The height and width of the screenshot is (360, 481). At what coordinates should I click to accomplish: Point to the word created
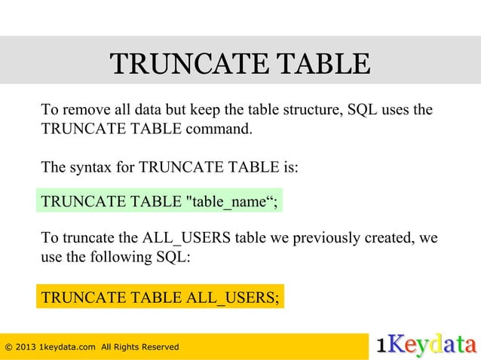(x=388, y=239)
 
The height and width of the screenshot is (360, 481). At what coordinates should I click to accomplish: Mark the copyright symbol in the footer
(x=8, y=346)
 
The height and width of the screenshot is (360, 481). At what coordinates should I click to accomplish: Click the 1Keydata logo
(x=426, y=345)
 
